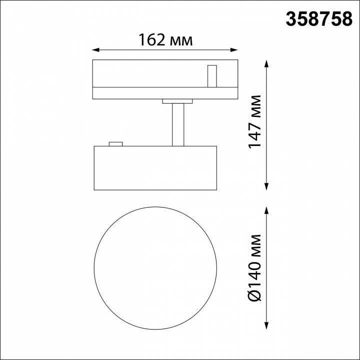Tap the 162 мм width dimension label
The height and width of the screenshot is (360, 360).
coord(165,40)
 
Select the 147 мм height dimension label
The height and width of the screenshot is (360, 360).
coord(256,121)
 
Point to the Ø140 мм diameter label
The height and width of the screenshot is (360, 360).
coord(256,267)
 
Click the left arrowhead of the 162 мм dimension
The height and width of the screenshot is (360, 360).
coord(96,49)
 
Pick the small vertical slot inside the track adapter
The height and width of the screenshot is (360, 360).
coord(212,75)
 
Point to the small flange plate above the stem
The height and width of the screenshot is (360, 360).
coord(177,102)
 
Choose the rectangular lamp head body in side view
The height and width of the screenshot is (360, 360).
coord(155,168)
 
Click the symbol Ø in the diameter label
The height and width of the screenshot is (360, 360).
coord(256,295)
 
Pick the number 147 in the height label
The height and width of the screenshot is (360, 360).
coord(256,134)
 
